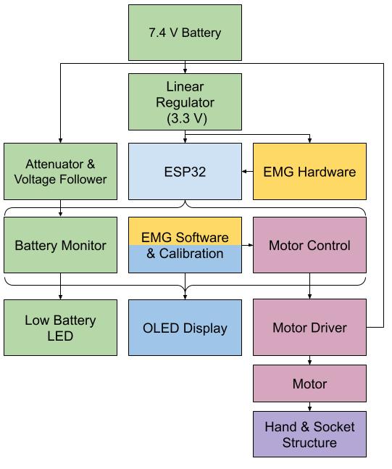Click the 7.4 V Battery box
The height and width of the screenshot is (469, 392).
click(x=185, y=33)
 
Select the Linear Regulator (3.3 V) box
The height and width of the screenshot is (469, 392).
click(x=185, y=102)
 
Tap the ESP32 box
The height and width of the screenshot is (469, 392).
click(x=185, y=171)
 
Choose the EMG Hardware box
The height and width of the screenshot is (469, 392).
click(x=310, y=171)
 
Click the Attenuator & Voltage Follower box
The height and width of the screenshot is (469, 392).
click(x=60, y=171)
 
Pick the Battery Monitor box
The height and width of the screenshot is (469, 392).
click(x=60, y=245)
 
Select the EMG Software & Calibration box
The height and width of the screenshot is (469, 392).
click(x=185, y=245)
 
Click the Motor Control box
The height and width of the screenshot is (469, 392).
click(x=310, y=245)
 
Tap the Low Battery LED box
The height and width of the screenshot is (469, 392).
click(x=60, y=328)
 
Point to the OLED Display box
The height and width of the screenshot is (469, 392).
click(x=185, y=328)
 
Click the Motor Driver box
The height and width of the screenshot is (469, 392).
click(x=310, y=328)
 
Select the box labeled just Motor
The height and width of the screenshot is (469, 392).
click(x=310, y=383)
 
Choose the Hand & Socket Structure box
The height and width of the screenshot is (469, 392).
click(x=310, y=434)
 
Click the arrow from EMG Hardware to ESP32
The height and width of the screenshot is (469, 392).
click(x=248, y=171)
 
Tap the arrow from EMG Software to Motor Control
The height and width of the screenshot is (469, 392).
click(x=248, y=245)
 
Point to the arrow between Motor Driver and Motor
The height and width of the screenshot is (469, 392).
click(x=310, y=360)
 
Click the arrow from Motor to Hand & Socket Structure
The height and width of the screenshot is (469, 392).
click(x=310, y=407)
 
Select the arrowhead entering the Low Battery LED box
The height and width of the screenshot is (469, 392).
click(x=60, y=297)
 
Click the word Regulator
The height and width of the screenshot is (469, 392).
click(x=185, y=102)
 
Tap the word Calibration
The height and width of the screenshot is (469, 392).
click(x=191, y=254)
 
